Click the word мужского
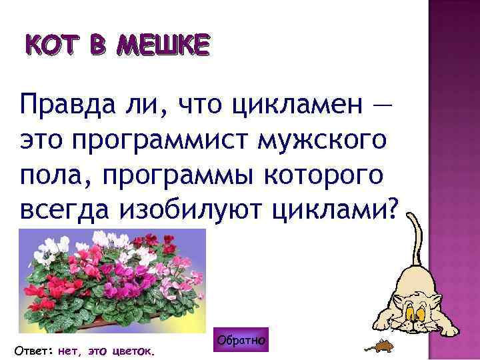[337, 141]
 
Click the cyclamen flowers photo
[112, 280]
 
